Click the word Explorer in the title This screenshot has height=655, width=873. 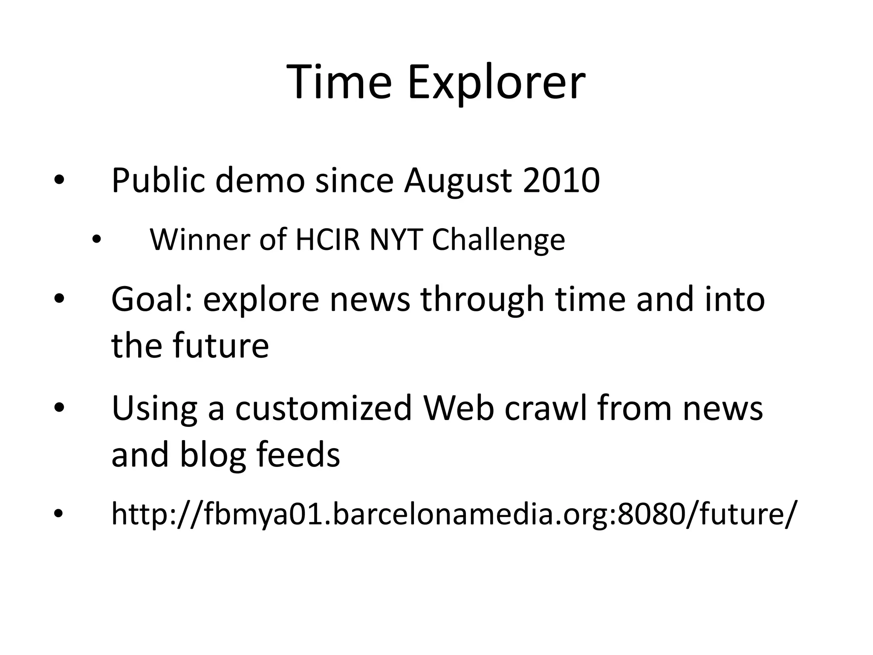point(496,82)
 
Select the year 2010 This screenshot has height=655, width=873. point(561,180)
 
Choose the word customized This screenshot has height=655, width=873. point(324,408)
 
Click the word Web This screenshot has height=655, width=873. point(458,408)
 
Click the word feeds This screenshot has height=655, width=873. point(298,454)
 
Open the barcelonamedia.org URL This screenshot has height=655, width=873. point(453,514)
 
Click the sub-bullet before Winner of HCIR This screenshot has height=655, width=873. point(97,240)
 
